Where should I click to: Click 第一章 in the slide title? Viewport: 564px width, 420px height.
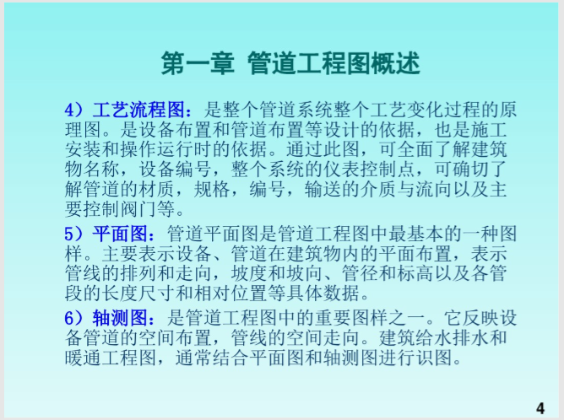tap(198, 63)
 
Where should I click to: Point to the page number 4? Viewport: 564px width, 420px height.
tap(540, 408)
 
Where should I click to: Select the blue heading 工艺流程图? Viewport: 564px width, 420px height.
tap(138, 110)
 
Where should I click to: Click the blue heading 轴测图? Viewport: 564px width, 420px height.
tap(121, 317)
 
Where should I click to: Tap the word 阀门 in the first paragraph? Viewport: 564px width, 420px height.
tap(138, 209)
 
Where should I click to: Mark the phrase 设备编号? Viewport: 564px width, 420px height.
tap(176, 169)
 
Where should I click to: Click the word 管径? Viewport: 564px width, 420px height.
tap(361, 273)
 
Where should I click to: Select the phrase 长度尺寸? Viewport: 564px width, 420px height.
tap(138, 293)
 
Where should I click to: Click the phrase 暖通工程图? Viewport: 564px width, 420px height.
tap(111, 358)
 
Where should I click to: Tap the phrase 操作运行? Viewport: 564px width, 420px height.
tap(157, 149)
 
